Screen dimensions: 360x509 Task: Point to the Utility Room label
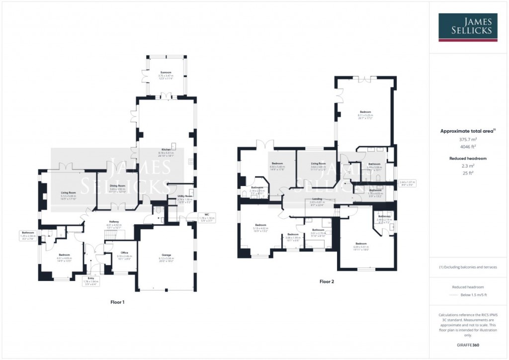184,196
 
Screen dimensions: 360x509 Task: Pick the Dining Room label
118,186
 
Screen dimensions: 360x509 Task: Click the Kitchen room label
166,150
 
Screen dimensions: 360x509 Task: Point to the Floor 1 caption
117,302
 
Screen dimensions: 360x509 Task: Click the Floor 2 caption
327,281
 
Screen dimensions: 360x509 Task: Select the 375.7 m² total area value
468,140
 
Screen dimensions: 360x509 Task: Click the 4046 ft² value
468,147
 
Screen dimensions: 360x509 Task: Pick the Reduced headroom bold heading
468,158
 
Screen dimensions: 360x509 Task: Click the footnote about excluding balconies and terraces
468,267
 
